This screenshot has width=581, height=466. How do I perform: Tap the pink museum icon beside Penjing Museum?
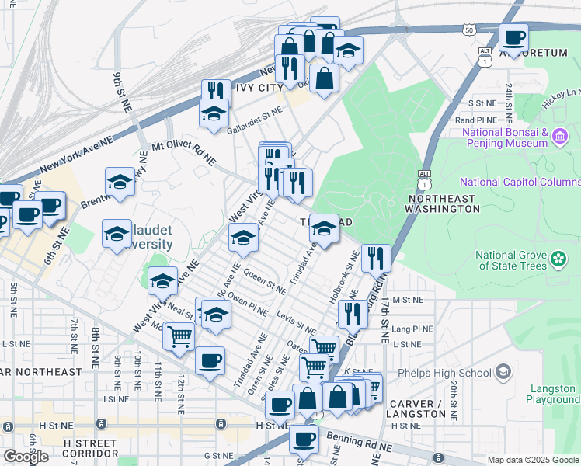click(560, 137)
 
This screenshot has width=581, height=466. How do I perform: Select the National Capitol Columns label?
click(520, 182)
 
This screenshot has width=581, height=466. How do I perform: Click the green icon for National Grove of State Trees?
click(558, 257)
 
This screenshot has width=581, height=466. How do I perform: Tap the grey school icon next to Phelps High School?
click(503, 372)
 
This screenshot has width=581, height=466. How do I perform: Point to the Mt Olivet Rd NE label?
click(183, 151)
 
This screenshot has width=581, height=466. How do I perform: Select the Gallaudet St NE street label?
click(253, 112)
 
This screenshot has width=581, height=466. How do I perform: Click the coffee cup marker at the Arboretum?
click(513, 37)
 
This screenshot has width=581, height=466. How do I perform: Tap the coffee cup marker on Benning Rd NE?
click(304, 437)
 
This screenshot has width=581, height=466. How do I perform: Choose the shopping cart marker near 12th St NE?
click(179, 336)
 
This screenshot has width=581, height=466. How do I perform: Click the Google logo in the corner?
click(26, 457)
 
